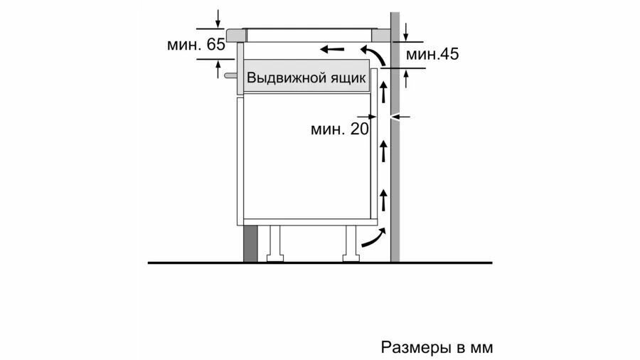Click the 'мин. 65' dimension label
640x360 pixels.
point(196,44)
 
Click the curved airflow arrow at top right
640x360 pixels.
point(370,55)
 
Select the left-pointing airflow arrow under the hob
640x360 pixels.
point(334,50)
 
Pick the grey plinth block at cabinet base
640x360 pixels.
point(249,244)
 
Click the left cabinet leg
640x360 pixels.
point(274,243)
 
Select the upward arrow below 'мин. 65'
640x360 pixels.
point(218,68)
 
